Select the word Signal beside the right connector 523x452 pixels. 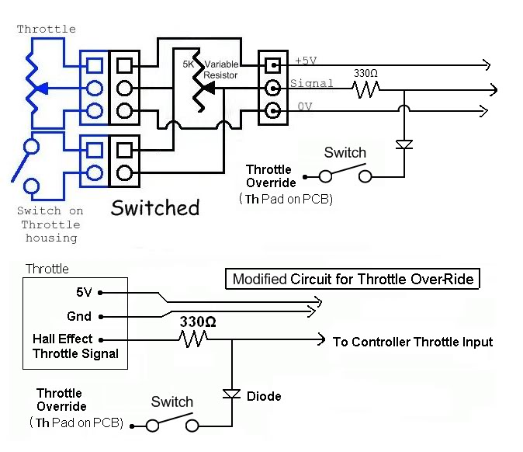point(311,83)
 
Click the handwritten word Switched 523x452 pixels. point(155,207)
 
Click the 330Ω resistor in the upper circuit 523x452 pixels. point(364,89)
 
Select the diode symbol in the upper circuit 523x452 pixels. point(404,144)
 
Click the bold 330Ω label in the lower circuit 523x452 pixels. point(198,322)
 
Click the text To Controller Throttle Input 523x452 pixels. point(412,342)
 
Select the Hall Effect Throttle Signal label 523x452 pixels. point(75,346)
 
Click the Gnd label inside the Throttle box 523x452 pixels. point(79,316)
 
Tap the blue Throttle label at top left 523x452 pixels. point(47,29)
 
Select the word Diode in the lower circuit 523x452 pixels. point(264,396)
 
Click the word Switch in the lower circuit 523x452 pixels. point(171,402)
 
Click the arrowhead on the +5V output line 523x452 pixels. point(486,64)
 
